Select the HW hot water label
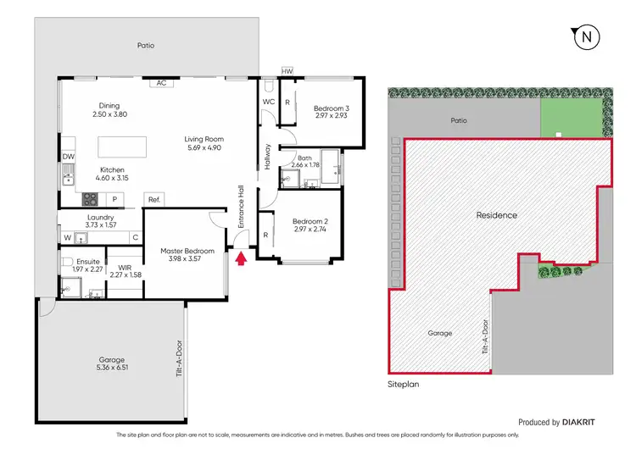287,71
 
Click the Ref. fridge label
153,200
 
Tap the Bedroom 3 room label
330,108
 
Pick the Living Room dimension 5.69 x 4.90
203,147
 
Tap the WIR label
126,267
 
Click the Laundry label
101,217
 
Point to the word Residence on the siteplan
496,215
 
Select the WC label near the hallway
268,102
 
